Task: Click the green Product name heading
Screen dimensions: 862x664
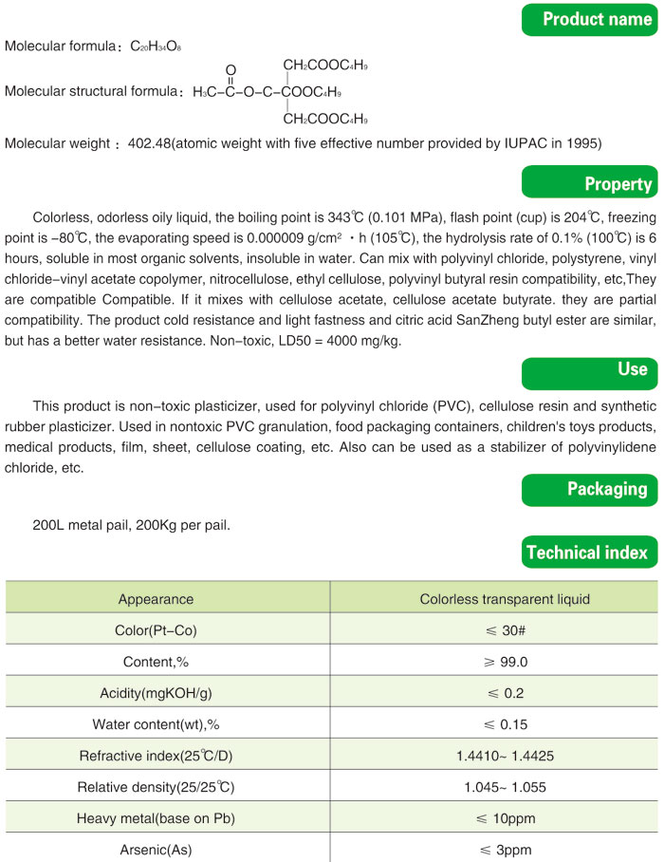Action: click(x=591, y=20)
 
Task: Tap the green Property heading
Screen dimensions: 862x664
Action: click(x=591, y=183)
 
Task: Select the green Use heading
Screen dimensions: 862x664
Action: click(x=591, y=368)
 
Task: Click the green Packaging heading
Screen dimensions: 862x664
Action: click(x=591, y=489)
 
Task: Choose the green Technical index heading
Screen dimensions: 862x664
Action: click(x=591, y=552)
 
